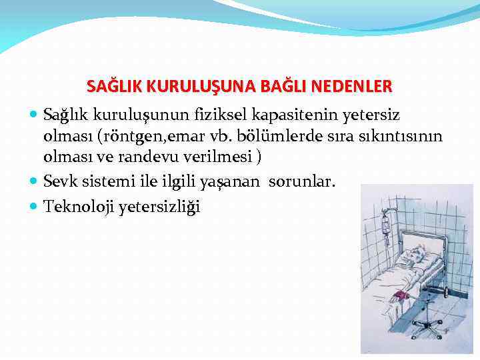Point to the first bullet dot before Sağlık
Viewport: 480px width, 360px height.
click(x=35, y=115)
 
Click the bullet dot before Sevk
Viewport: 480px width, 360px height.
click(x=35, y=180)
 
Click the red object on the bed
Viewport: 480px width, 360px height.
click(x=401, y=293)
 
